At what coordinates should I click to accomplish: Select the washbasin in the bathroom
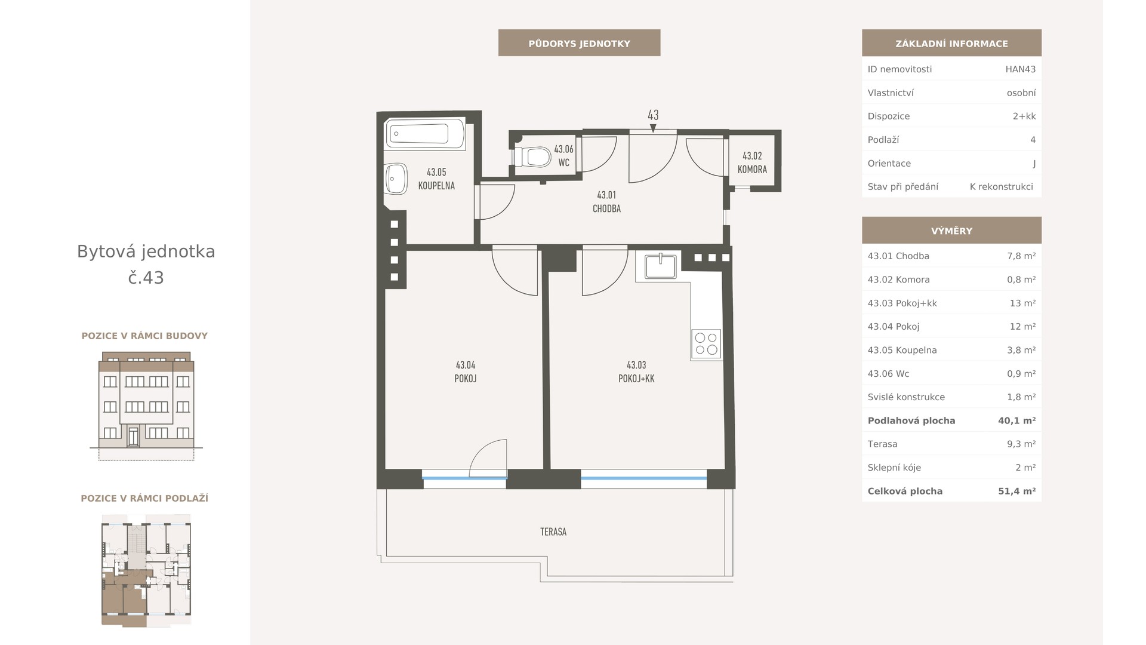pos(396,179)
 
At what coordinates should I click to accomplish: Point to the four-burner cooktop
pos(706,344)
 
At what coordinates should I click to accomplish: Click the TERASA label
pos(553,532)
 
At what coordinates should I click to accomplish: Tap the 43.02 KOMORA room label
pos(752,162)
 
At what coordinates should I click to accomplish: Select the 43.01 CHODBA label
pos(606,202)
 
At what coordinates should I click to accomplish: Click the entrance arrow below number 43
pos(653,128)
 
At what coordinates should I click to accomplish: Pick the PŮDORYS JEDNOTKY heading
pos(579,44)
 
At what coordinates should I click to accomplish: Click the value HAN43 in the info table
pos(1020,69)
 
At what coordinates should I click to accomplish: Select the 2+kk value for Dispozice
pos(1024,116)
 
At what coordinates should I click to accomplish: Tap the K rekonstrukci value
pos(1001,187)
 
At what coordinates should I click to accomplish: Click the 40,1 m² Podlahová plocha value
pos(1016,421)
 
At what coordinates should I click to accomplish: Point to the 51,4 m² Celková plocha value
pos(1016,492)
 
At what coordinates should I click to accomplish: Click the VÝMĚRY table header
pos(951,231)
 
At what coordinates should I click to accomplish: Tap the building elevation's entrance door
pos(134,436)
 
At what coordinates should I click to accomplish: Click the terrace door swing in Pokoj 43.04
pos(488,458)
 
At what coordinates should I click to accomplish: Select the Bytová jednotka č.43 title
pos(146,265)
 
